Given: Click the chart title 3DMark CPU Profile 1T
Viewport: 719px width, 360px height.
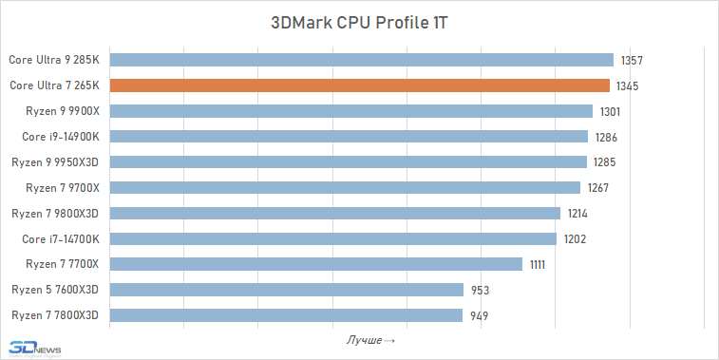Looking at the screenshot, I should (x=359, y=23).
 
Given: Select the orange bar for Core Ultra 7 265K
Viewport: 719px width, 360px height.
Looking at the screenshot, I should (x=360, y=85).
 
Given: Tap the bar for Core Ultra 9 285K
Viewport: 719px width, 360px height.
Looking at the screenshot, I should (x=362, y=60).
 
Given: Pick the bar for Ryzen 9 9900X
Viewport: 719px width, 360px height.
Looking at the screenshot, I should (x=351, y=111).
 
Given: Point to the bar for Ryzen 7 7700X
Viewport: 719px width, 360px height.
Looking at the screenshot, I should (x=316, y=264).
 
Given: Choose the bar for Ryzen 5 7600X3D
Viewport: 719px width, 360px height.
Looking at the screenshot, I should (x=287, y=290).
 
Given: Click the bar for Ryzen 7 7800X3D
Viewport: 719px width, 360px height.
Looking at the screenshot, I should (x=286, y=315).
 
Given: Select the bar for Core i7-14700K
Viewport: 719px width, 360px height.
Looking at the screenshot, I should (x=333, y=238).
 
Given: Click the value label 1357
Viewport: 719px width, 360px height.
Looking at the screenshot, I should (x=633, y=61).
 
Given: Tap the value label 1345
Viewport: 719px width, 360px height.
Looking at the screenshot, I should (x=627, y=86).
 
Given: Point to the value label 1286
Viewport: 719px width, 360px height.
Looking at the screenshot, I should (x=606, y=137).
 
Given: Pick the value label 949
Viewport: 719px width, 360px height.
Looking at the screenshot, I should (x=480, y=315).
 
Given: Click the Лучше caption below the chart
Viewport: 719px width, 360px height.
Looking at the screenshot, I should (x=371, y=339).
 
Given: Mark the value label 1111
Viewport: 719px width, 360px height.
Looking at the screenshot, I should (x=538, y=265).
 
